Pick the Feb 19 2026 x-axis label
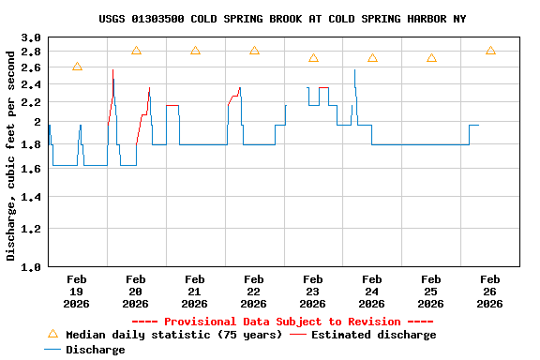[x=77, y=292]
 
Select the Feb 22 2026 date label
[x=253, y=292]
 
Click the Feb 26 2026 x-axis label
[x=489, y=292]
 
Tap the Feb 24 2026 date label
[x=371, y=292]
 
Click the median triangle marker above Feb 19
[x=77, y=67]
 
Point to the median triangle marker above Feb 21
[x=195, y=51]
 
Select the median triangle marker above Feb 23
[x=313, y=58]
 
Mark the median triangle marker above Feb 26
[x=490, y=51]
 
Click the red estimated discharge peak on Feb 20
[x=112, y=71]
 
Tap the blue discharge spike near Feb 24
[x=354, y=71]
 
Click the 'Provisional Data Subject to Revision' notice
[x=282, y=322]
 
